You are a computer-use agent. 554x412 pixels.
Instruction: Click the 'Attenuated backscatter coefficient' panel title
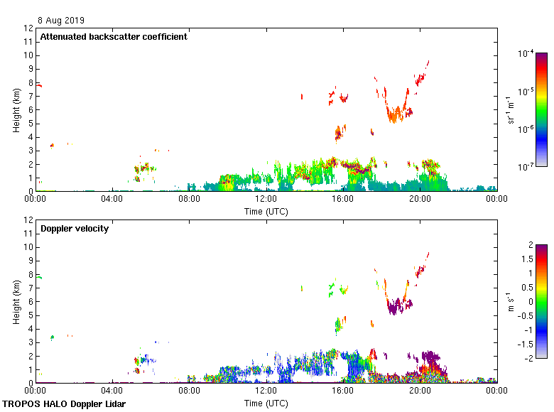click(114, 37)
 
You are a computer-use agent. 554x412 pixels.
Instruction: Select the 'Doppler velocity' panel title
click(75, 229)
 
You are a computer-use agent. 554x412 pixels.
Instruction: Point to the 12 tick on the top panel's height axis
click(29, 28)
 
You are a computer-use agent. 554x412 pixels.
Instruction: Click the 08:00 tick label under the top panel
click(189, 200)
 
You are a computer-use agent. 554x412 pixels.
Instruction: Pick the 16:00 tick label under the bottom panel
click(343, 391)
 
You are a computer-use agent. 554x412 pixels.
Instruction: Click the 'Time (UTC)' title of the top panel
click(266, 211)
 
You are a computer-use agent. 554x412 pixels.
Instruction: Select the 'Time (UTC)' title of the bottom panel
click(266, 403)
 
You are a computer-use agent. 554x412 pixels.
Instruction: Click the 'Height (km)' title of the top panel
click(16, 110)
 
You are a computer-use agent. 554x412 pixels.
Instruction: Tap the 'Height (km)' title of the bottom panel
click(16, 302)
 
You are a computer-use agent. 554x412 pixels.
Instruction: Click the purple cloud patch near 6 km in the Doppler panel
click(399, 306)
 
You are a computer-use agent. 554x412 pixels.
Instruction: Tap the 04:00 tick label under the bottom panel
click(112, 391)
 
